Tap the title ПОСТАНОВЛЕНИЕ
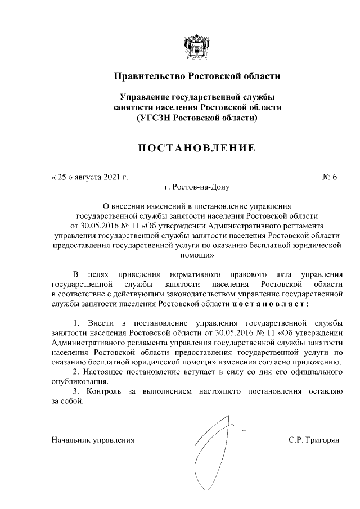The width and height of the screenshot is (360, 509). pyautogui.click(x=196, y=148)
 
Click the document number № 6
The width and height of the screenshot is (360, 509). pyautogui.click(x=329, y=177)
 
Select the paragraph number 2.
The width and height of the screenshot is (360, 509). pyautogui.click(x=76, y=372)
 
